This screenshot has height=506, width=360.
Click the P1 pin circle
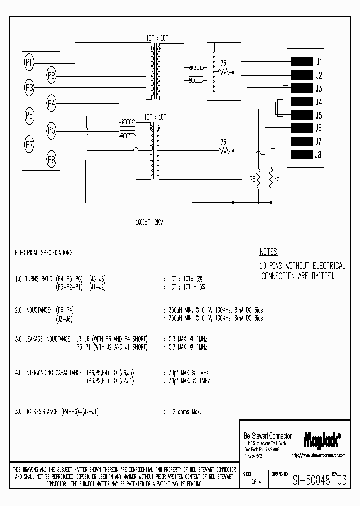[x=29, y=62]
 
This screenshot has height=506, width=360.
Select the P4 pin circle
[x=51, y=104]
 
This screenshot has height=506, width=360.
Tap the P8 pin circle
[x=51, y=160]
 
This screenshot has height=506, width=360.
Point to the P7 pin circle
[x=29, y=145]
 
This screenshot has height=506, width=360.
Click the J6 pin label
[x=318, y=128]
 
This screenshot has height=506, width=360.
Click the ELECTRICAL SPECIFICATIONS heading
[x=44, y=253]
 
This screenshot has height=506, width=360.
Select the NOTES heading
[x=268, y=252]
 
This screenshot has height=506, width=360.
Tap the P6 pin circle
[x=51, y=131]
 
